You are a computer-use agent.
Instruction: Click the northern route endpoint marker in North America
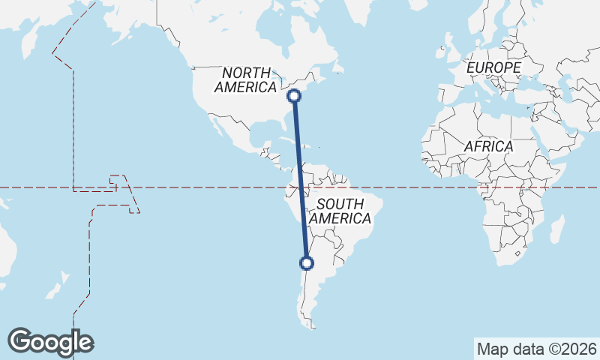tap(295, 95)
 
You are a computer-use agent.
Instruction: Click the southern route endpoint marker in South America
tap(306, 262)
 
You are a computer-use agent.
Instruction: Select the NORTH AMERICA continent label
tap(245, 80)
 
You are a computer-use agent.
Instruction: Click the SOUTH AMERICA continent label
tap(340, 211)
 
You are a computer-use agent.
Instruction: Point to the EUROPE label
tap(493, 68)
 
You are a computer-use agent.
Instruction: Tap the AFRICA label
tap(488, 147)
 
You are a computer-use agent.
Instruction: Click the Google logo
tap(50, 342)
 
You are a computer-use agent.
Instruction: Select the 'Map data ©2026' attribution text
tap(537, 349)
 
